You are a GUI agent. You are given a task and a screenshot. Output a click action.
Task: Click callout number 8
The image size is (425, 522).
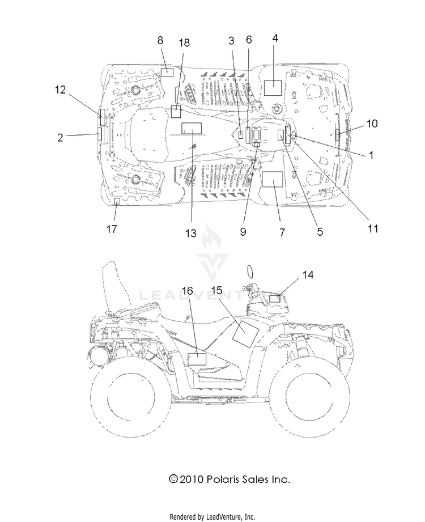pos(160,41)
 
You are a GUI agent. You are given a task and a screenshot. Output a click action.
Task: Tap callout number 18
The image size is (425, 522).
pos(184,43)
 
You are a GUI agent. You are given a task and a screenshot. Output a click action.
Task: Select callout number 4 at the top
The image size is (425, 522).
pos(275,39)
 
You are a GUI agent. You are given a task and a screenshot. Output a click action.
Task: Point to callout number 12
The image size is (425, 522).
pos(60,90)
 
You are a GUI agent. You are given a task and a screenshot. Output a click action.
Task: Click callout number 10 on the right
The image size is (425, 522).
pos(372,124)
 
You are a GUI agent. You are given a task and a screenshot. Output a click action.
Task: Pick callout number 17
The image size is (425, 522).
pos(112,229)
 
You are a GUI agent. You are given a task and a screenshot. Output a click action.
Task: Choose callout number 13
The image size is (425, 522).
pos(191,234)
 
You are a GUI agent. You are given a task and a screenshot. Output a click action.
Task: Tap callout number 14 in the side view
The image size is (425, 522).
pos(308,275)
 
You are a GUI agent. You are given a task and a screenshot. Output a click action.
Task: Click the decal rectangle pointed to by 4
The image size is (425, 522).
pos(273,88)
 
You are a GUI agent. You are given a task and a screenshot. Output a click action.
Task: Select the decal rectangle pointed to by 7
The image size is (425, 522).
pos(273,180)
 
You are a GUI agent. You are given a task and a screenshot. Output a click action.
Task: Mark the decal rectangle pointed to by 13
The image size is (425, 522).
pos(192,128)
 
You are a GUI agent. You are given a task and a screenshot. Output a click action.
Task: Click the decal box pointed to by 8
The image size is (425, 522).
pos(167,72)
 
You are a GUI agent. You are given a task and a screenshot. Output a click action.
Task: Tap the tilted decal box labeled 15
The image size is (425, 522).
pos(245,334)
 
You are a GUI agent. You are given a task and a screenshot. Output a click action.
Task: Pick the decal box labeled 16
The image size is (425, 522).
pos(197,359)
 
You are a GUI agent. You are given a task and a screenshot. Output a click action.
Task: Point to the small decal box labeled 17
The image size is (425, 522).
pos(117,201)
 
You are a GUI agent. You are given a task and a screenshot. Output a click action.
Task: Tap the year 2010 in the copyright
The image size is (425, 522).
pos(191,479)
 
